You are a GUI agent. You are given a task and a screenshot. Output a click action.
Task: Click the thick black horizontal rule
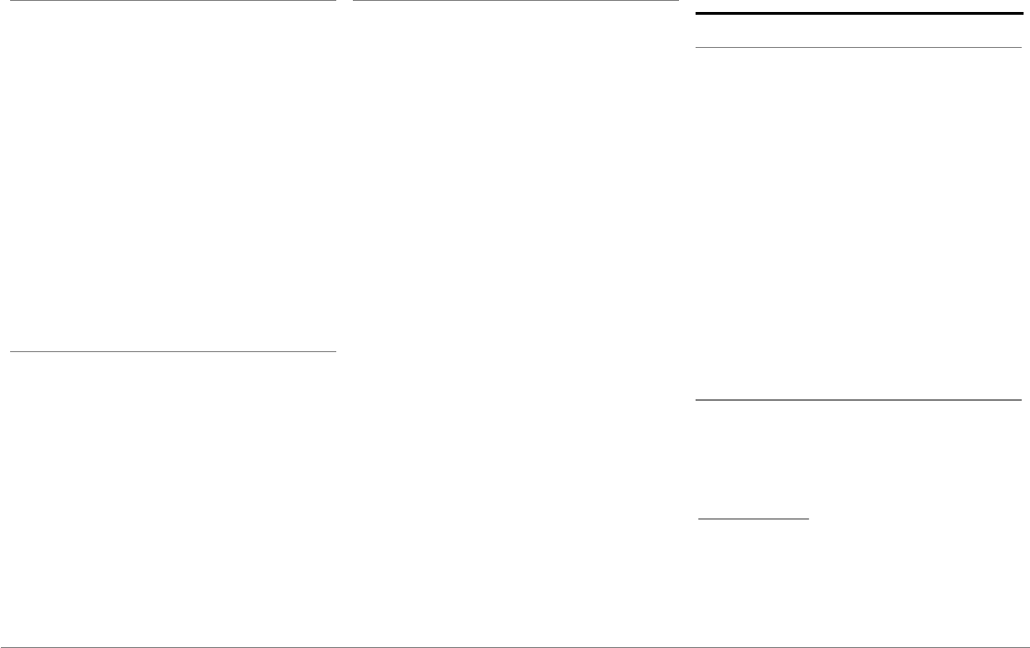click(x=852, y=14)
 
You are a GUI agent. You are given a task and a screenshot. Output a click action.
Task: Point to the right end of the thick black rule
click(x=1010, y=14)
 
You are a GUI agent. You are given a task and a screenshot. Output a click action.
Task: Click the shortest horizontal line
click(x=754, y=519)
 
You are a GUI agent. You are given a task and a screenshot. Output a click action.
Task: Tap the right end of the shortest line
click(x=809, y=519)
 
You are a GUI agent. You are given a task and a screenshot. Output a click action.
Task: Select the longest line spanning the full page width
click(x=515, y=646)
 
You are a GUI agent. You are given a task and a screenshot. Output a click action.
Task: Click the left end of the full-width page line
click(x=1, y=646)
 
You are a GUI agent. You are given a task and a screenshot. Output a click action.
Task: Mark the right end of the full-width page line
click(x=1028, y=646)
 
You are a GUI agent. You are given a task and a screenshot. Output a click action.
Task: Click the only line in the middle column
click(x=516, y=1)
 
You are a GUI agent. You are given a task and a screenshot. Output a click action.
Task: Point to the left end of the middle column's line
click(x=353, y=1)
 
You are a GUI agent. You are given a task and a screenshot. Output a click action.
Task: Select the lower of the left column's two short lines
click(x=173, y=351)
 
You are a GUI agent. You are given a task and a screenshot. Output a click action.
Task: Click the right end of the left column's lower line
click(x=336, y=351)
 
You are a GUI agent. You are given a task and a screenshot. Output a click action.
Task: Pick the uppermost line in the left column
click(x=173, y=1)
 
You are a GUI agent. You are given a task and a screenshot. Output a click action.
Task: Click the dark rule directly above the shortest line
click(x=858, y=400)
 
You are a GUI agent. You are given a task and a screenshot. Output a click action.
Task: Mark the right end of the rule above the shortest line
click(x=1021, y=400)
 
